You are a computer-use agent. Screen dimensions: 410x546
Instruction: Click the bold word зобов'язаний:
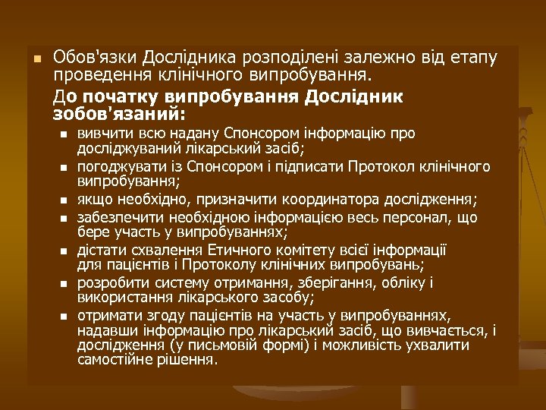[x=119, y=115]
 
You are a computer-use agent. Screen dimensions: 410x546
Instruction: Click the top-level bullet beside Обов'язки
[x=33, y=58]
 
